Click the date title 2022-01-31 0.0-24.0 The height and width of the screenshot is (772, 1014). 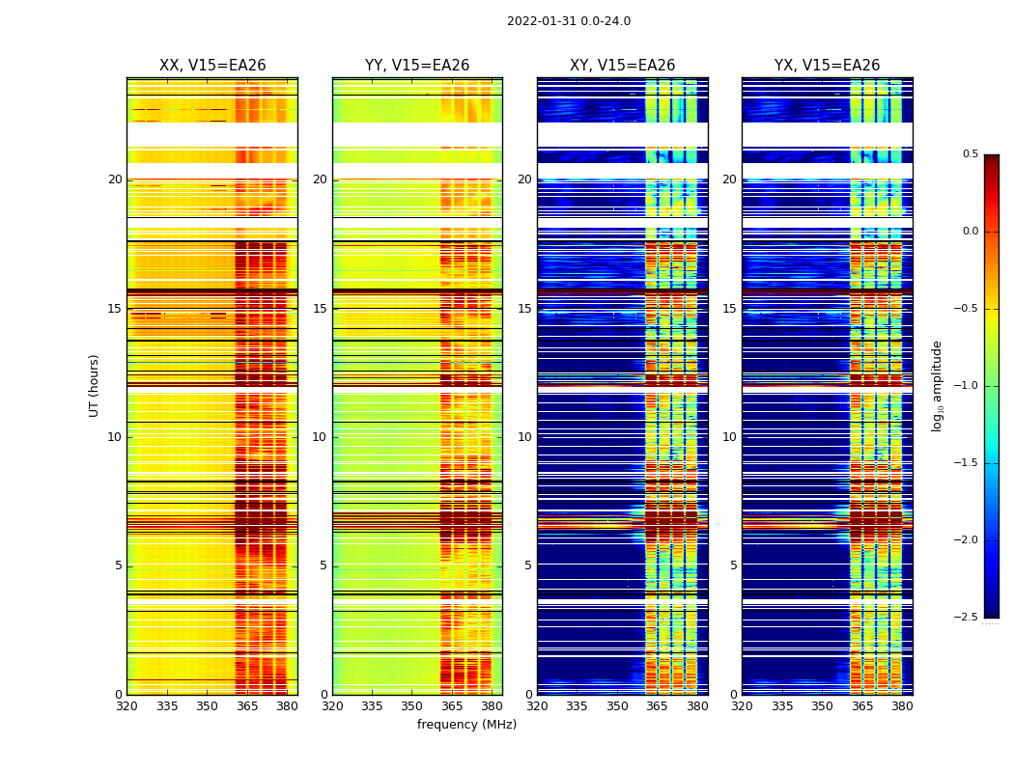click(x=569, y=21)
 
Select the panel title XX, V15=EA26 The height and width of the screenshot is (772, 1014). click(x=212, y=66)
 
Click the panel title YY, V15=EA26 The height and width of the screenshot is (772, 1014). click(x=417, y=66)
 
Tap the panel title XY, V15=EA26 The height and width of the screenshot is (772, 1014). click(x=623, y=66)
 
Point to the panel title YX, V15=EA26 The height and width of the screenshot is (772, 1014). click(x=828, y=66)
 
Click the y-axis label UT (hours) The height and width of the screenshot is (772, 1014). click(x=94, y=385)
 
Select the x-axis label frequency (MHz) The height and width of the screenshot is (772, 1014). click(x=466, y=725)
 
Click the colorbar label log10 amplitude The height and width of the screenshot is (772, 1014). click(x=937, y=385)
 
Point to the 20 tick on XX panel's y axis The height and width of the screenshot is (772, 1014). click(x=115, y=179)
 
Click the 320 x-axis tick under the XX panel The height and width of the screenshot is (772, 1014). click(x=127, y=706)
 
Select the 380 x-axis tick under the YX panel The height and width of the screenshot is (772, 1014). click(x=902, y=706)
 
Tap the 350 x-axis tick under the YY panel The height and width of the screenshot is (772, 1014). click(x=412, y=706)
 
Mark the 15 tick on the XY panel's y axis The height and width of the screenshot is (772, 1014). click(x=524, y=309)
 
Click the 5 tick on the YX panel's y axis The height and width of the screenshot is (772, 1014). click(x=733, y=565)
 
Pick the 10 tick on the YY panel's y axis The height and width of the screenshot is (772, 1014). click(x=320, y=437)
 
